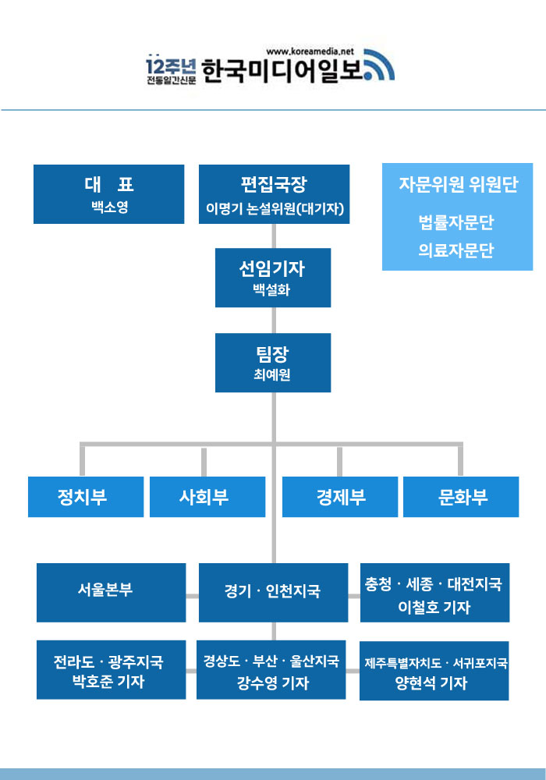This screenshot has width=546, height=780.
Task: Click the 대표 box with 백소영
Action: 108,194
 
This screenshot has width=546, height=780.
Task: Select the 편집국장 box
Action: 274,194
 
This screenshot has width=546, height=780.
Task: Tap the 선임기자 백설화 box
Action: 272,278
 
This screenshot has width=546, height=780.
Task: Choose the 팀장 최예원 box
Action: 272,363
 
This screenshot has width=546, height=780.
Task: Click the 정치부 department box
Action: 86,497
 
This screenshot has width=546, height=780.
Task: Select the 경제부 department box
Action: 339,497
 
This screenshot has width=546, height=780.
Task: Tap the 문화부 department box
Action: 461,497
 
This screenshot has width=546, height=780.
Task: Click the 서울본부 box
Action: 111,592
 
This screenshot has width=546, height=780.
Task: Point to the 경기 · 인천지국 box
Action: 273,592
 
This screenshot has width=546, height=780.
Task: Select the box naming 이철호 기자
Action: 434,593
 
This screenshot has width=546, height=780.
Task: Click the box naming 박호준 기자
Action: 111,670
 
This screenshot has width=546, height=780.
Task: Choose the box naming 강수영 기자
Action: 271,670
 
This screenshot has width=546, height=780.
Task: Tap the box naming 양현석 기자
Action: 434,670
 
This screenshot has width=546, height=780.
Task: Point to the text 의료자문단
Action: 456,251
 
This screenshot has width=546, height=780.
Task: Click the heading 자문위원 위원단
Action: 457,185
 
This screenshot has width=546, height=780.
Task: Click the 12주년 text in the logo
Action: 165,65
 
